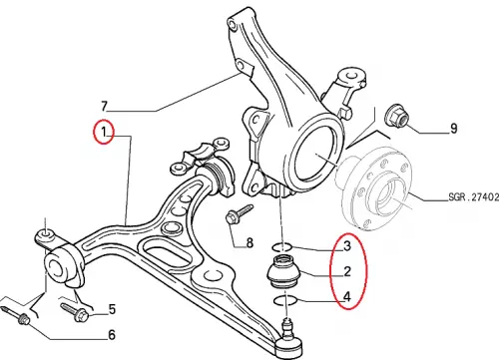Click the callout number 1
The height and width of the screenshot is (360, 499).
coord(104,132)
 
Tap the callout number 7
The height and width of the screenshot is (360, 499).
coord(105,106)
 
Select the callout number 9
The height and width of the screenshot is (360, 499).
coord(454,128)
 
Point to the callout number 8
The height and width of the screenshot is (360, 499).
coord(249,243)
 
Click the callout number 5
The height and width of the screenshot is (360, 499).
coord(112,309)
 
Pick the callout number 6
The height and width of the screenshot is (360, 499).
coord(112,335)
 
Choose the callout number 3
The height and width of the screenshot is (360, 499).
coord(347,246)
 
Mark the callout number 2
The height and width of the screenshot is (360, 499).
coord(347,271)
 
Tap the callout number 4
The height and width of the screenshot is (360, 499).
coord(347,296)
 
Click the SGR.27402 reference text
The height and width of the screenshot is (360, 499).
coord(474,197)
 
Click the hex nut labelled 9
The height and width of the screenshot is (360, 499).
coord(396,117)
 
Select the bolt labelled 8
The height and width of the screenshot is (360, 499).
coord(239,213)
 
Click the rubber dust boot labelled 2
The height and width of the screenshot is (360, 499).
coord(284,270)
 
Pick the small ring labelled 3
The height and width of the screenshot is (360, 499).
coord(282,247)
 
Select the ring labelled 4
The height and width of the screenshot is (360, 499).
coord(285,301)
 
